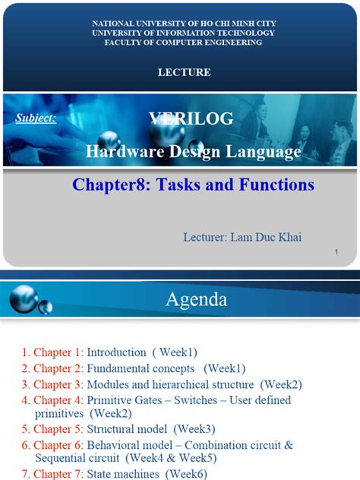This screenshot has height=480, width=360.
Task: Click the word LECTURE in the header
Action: (185, 72)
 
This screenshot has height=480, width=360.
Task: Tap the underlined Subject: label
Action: (36, 118)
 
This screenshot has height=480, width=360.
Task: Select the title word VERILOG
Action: (191, 118)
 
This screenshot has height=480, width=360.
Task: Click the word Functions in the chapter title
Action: (276, 185)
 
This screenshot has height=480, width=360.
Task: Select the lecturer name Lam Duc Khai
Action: (266, 237)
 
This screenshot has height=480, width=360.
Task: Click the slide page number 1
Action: (336, 252)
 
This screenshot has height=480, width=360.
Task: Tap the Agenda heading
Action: (197, 299)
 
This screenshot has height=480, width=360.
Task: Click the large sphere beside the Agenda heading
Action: (24, 298)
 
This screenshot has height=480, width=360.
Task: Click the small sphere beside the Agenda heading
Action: (46, 307)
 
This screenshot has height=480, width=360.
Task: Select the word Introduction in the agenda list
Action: (116, 352)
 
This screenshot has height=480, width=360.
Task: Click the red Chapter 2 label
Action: (58, 368)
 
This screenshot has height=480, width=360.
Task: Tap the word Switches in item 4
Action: (196, 400)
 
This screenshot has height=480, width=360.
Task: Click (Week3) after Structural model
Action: (194, 429)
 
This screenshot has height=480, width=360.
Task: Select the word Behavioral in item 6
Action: (113, 445)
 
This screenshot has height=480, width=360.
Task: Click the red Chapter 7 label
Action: (58, 474)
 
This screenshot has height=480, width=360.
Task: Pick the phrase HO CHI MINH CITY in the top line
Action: (238, 24)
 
